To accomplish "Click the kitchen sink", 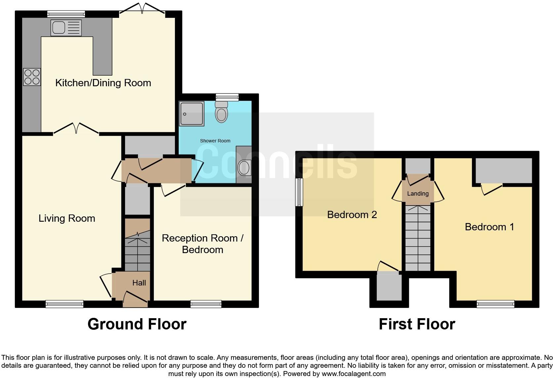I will pos(65,27).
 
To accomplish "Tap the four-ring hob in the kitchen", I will pos(32,77).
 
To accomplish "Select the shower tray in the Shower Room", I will pos(191,114).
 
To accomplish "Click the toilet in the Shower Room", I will pos(221,112).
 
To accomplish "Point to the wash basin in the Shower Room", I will pos(244,168).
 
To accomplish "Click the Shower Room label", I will pos(215,141).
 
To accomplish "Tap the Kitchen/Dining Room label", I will pos(103,83).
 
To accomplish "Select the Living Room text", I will pos(67,218).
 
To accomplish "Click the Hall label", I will pos(139,283).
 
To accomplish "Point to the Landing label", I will pos(418,194).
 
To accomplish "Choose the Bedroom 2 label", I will pos(352,215).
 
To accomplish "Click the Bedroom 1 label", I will pos(489,227).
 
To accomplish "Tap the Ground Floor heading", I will pos(137,324).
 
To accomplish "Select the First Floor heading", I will pos(417,324).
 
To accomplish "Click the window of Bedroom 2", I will pos(299,192).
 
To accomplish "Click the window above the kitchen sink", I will pos(66,14).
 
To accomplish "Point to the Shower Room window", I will pos(227,97).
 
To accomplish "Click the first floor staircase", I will pos(418,238).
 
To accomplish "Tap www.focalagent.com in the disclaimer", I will pos(354,374).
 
